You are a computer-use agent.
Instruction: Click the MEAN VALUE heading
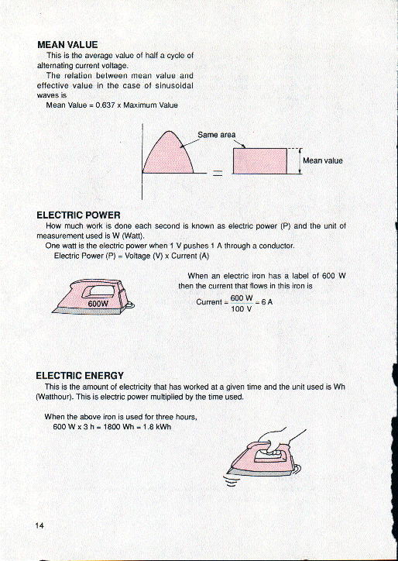click(x=67, y=45)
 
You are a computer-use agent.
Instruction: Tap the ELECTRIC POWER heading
click(x=78, y=215)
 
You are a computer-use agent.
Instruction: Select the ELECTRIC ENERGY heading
click(x=81, y=375)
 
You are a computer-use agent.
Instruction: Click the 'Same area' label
click(x=217, y=135)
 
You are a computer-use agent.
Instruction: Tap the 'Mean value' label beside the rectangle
click(x=322, y=160)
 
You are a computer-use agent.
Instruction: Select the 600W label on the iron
click(x=97, y=303)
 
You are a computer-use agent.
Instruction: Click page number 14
click(x=39, y=525)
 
